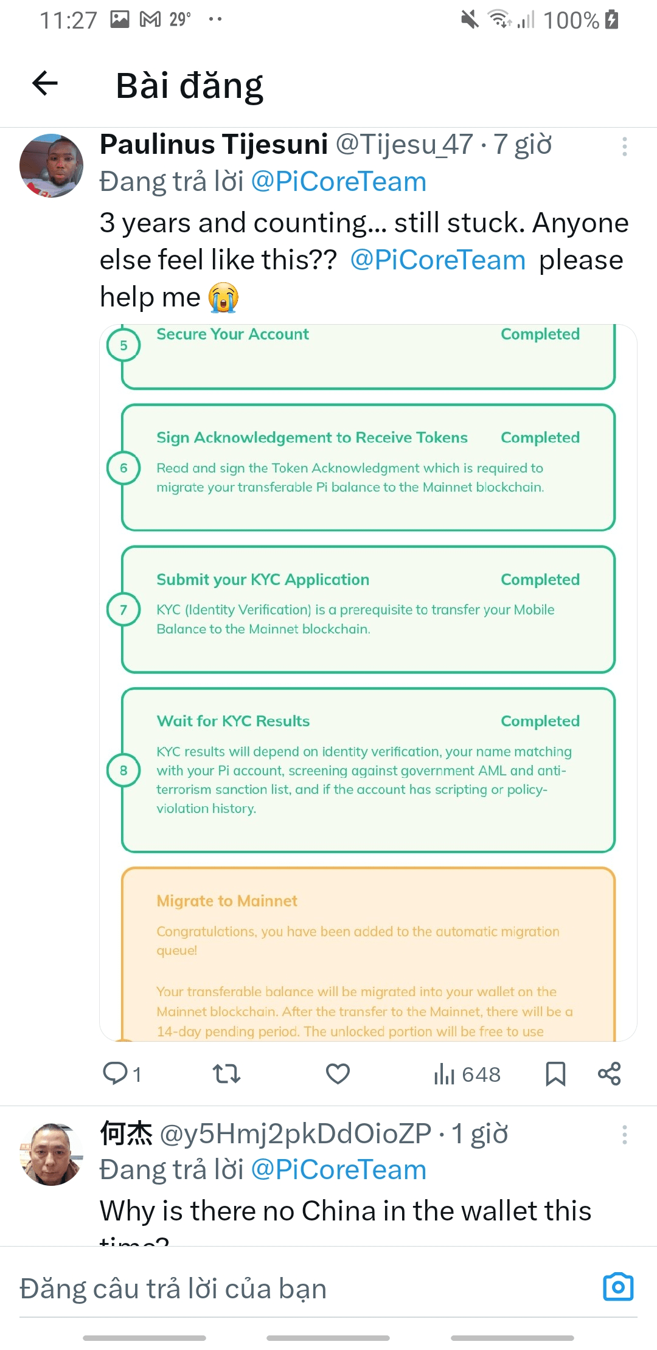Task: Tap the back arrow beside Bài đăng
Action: click(45, 83)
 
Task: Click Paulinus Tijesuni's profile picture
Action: click(51, 165)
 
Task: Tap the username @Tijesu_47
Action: click(404, 145)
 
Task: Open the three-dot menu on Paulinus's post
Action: click(624, 147)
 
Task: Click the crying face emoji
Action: click(223, 297)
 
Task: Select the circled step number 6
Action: click(123, 468)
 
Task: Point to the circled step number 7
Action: click(123, 609)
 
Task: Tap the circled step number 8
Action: click(123, 770)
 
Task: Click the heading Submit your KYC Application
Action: click(263, 580)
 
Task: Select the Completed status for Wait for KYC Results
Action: click(540, 721)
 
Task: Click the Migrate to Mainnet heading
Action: click(227, 901)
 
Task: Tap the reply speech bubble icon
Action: click(115, 1073)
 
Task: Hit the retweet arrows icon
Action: click(227, 1074)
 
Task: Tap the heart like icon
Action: click(338, 1074)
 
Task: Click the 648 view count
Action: click(481, 1075)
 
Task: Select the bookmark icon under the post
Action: click(555, 1074)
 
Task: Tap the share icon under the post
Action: click(609, 1074)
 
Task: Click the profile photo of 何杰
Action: click(51, 1154)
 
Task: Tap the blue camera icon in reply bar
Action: click(618, 1287)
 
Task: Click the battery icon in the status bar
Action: click(612, 20)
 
